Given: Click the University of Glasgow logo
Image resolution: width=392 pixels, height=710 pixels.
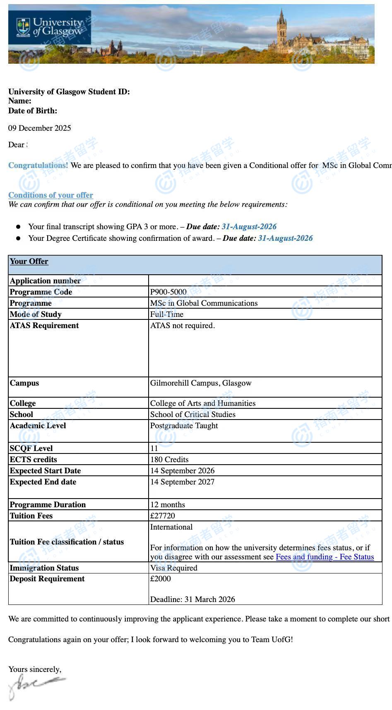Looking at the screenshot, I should (x=50, y=27).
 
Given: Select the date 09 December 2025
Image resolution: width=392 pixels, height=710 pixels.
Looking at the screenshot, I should (x=40, y=128).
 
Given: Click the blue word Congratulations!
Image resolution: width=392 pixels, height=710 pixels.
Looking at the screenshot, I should (x=38, y=165).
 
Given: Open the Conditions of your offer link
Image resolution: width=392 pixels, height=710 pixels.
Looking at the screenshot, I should (x=51, y=195).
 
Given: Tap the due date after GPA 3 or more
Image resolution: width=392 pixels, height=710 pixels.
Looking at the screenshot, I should (x=249, y=226).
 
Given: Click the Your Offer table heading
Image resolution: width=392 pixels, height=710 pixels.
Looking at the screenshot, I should (x=29, y=261).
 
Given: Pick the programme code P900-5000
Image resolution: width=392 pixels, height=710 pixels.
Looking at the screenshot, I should (x=168, y=292).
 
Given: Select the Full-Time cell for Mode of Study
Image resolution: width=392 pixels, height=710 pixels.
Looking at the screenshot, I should (x=167, y=314).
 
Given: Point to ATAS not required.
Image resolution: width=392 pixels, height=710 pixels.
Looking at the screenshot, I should (x=183, y=325).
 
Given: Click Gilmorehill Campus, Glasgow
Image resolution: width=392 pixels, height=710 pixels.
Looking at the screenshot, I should (x=201, y=383).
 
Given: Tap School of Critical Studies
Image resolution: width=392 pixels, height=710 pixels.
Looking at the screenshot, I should (x=192, y=414).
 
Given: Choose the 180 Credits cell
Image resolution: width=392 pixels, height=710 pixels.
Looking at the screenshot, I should (x=169, y=459).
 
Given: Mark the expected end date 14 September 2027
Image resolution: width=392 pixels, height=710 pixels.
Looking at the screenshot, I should (x=182, y=482).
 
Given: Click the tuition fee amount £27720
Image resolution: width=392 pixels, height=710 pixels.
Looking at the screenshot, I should (x=162, y=516).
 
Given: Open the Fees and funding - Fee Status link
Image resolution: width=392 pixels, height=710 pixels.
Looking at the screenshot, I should (x=325, y=556).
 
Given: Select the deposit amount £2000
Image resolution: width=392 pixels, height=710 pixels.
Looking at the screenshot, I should (x=160, y=578).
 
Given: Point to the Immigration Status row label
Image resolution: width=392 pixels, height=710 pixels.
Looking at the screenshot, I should (x=44, y=568).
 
